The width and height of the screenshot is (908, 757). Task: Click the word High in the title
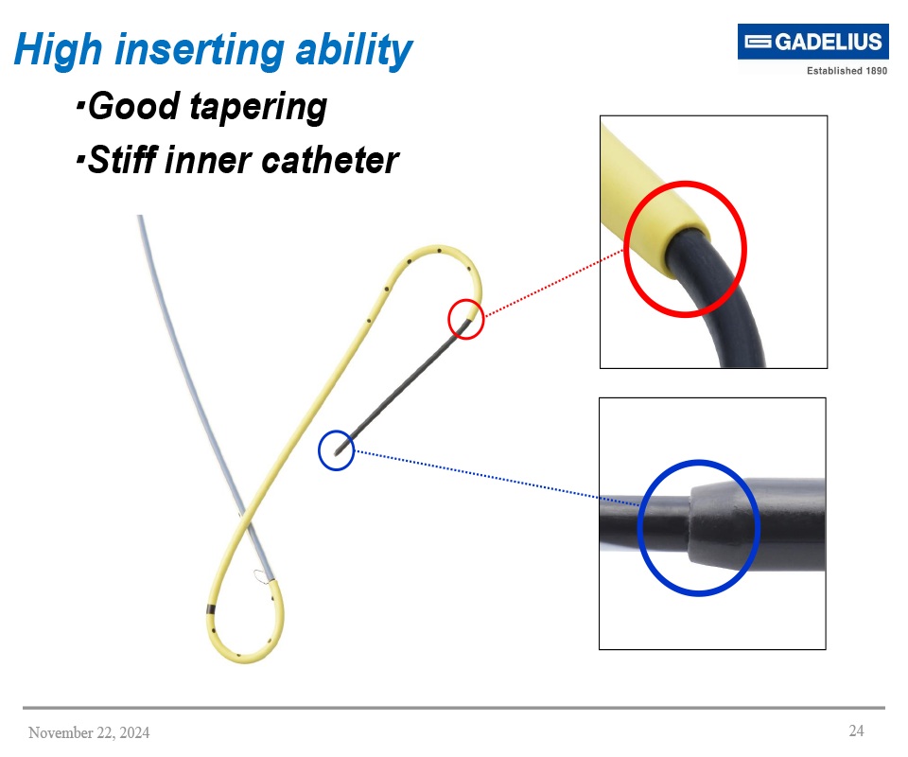coord(58,49)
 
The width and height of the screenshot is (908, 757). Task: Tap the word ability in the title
coord(366,49)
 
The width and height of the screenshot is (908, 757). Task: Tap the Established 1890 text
coord(846,71)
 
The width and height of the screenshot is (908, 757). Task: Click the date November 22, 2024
coord(89,732)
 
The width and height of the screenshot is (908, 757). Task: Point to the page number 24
coord(856,731)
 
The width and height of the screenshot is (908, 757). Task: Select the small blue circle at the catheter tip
coord(337,450)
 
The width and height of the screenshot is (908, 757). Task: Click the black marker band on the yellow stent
coord(211,609)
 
